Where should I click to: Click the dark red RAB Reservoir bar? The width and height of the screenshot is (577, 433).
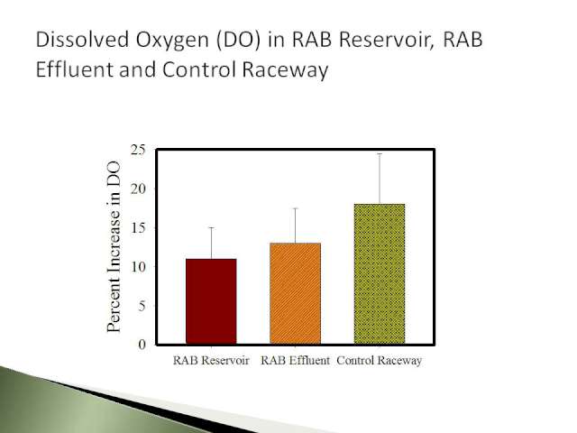click(211, 301)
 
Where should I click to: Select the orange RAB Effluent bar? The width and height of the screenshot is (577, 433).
click(295, 293)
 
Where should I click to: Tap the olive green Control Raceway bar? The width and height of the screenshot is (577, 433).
click(380, 273)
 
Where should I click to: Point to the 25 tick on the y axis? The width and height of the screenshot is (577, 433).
click(138, 150)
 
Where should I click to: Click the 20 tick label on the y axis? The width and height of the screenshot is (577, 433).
click(138, 189)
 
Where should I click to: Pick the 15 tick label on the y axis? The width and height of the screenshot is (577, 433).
click(138, 227)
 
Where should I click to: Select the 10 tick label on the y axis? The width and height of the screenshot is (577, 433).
click(138, 267)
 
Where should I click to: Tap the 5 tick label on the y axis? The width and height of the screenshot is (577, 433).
click(142, 306)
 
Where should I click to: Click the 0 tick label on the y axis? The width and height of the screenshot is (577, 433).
click(142, 345)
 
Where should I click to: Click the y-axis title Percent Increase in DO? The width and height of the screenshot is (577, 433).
click(114, 246)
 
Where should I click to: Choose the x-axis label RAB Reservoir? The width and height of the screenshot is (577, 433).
click(211, 360)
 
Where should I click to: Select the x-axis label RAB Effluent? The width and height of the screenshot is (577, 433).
click(295, 360)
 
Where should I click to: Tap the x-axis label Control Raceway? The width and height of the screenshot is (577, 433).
click(380, 360)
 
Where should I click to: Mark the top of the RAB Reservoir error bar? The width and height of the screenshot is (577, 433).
click(211, 228)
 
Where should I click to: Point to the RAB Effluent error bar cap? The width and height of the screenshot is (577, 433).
click(295, 208)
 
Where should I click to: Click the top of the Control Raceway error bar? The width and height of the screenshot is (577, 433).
click(380, 154)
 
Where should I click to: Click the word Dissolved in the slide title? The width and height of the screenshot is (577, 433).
click(82, 40)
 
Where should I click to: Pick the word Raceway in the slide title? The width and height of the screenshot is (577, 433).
click(285, 70)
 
